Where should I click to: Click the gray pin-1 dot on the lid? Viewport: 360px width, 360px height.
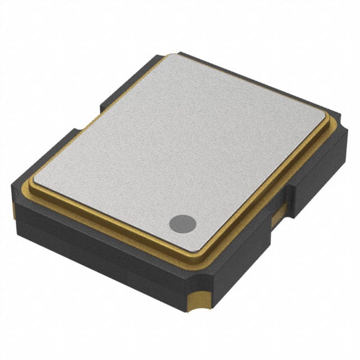(183, 223)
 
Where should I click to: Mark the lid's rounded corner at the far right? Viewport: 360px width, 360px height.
(326, 123)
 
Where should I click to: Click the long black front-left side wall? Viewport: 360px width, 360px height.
(101, 253)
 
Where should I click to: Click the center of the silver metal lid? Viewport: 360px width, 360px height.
(180, 149)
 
